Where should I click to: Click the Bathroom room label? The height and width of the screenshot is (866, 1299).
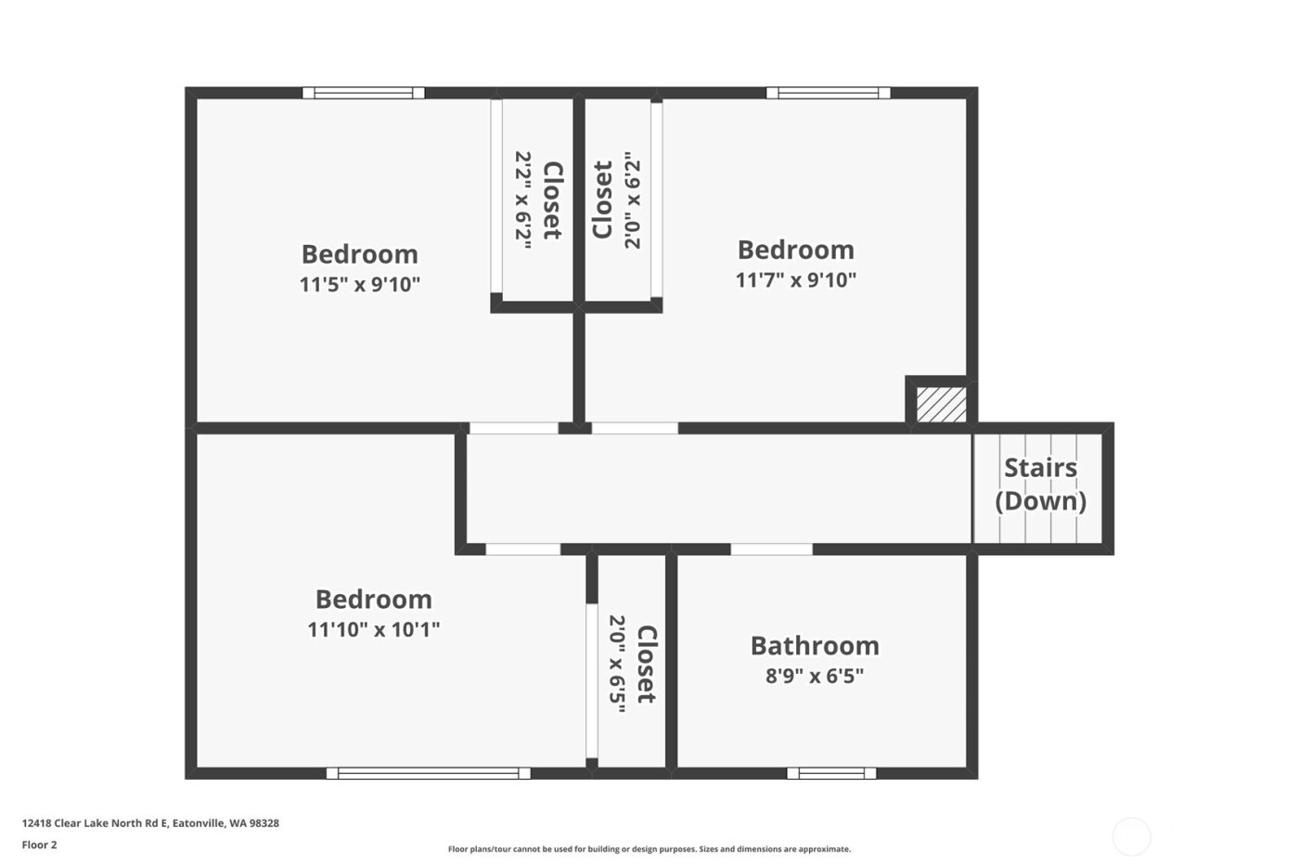[814, 645]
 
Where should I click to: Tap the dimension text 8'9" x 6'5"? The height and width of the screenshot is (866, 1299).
[814, 676]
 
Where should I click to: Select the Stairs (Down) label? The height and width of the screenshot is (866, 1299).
[1040, 484]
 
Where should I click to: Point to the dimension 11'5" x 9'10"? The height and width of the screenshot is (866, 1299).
[359, 284]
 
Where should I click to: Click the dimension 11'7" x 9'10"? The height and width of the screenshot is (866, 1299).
[795, 279]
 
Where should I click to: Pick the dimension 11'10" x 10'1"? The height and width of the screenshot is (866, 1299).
[373, 629]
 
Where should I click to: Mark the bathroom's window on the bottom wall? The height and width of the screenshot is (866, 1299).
[831, 772]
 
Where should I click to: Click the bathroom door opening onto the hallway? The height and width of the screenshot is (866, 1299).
[771, 549]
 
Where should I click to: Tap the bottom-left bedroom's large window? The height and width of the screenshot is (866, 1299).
[428, 772]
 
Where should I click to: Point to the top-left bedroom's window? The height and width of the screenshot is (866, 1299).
[363, 93]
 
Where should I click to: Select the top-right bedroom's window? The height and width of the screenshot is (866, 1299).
[828, 93]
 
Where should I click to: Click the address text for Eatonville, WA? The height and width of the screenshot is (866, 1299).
[150, 822]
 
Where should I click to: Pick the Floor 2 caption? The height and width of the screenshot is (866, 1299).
[39, 845]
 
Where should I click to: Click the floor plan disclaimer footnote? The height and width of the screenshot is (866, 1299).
[649, 848]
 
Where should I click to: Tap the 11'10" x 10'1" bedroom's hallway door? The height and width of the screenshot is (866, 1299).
[522, 549]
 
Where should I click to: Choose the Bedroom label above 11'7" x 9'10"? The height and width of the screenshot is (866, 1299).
[795, 250]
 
